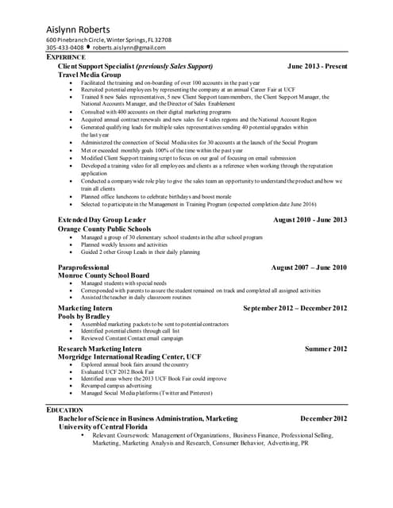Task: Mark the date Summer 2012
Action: [326, 348]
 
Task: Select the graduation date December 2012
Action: [323, 418]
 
